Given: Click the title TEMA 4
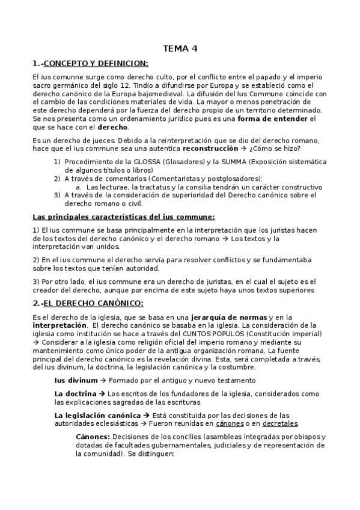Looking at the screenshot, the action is (x=180, y=49).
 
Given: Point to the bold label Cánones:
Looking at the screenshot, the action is (x=93, y=436).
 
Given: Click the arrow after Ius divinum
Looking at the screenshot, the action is (x=103, y=380).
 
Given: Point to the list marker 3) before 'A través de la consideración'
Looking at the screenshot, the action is (x=57, y=195).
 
